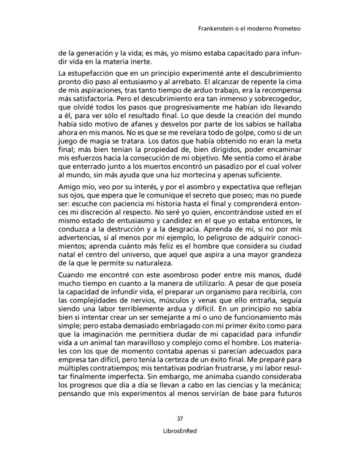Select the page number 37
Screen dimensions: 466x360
(180, 419)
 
